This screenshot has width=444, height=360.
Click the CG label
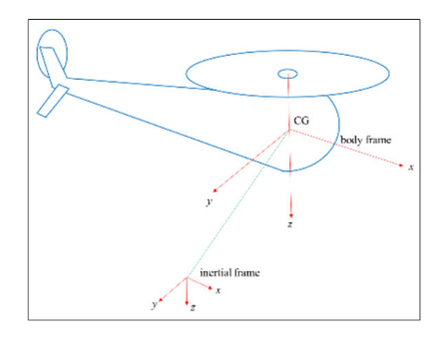pyautogui.click(x=300, y=122)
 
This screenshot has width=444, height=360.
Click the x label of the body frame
pyautogui.click(x=411, y=166)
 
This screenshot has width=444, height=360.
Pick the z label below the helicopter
pyautogui.click(x=289, y=225)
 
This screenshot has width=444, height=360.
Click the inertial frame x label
pyautogui.click(x=218, y=290)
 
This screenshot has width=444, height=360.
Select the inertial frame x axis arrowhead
pyautogui.click(x=209, y=286)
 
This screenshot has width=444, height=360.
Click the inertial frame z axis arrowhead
pyautogui.click(x=188, y=300)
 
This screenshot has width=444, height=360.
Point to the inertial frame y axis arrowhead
pyautogui.click(x=165, y=293)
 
